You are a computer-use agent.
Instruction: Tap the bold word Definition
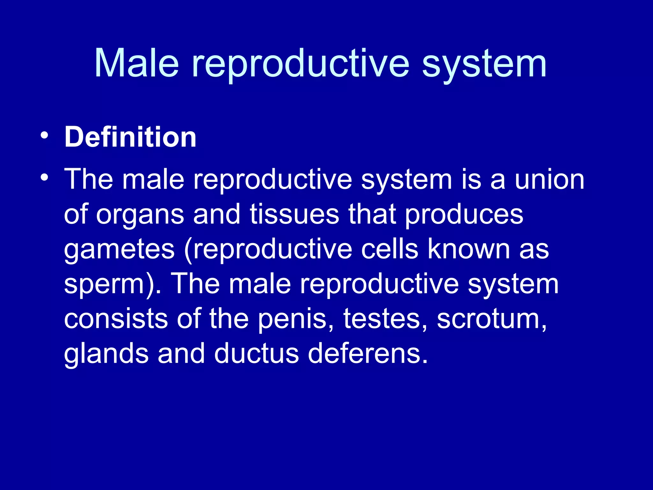point(130,137)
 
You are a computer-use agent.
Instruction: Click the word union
point(549,179)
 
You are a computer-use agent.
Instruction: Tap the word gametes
point(119,250)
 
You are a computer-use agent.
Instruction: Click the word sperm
point(105,285)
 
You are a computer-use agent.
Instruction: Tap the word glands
point(106,354)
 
